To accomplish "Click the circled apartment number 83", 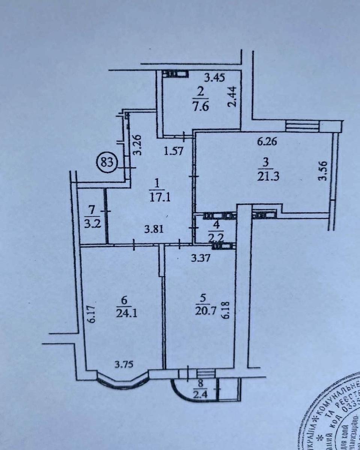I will pyautogui.click(x=108, y=163).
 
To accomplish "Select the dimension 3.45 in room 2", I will pyautogui.click(x=214, y=78).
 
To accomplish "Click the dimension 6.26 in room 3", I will pyautogui.click(x=267, y=142).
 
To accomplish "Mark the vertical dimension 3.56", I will pyautogui.click(x=324, y=170).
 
